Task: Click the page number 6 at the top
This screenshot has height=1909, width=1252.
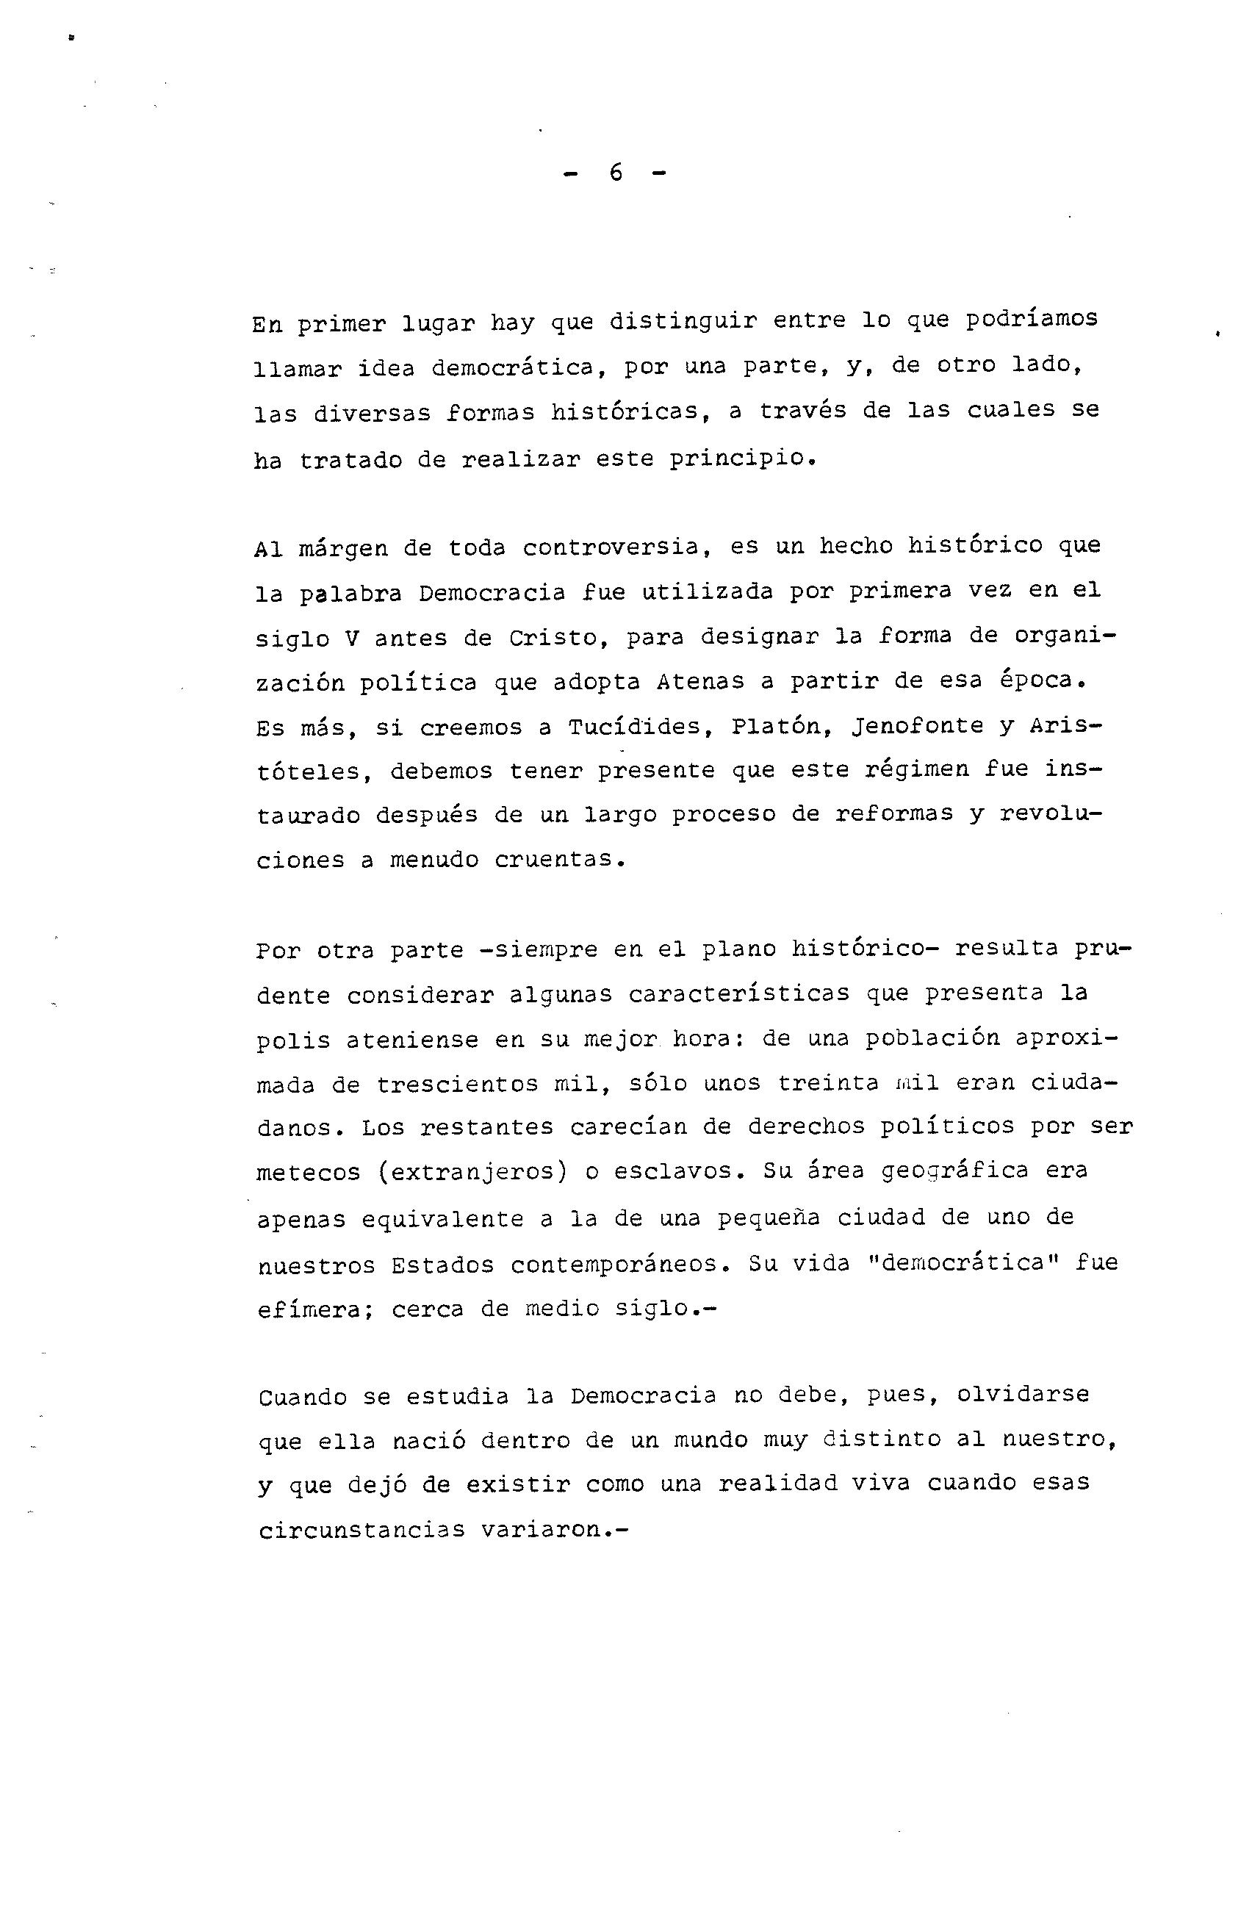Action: [x=615, y=173]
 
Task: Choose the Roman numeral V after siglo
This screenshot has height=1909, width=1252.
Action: [x=350, y=639]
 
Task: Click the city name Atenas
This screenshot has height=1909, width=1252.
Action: [x=700, y=683]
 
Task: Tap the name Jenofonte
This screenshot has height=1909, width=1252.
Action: [x=910, y=727]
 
